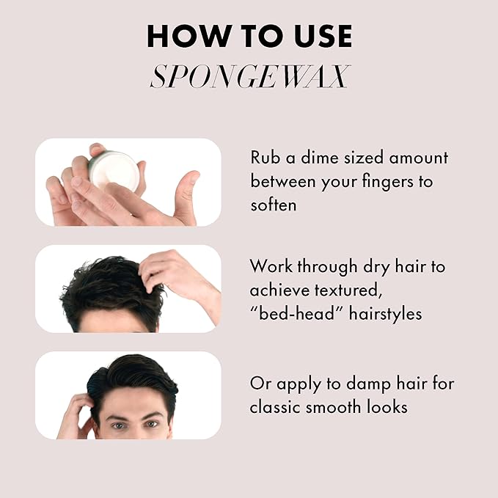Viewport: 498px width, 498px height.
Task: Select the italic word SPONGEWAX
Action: pyautogui.click(x=250, y=76)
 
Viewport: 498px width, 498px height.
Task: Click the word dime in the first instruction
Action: pyautogui.click(x=319, y=158)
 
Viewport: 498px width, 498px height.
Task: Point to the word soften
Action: pyautogui.click(x=274, y=205)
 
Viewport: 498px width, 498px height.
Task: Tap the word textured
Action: pyautogui.click(x=348, y=290)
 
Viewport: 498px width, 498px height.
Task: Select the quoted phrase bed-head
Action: pyautogui.click(x=296, y=313)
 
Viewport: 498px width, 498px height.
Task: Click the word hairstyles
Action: pyautogui.click(x=386, y=314)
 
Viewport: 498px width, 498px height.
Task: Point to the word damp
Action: pyautogui.click(x=368, y=384)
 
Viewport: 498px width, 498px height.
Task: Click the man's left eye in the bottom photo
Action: pyautogui.click(x=152, y=424)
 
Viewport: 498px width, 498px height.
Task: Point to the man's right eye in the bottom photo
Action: pyautogui.click(x=118, y=425)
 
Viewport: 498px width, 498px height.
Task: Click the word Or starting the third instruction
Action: pyautogui.click(x=260, y=384)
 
